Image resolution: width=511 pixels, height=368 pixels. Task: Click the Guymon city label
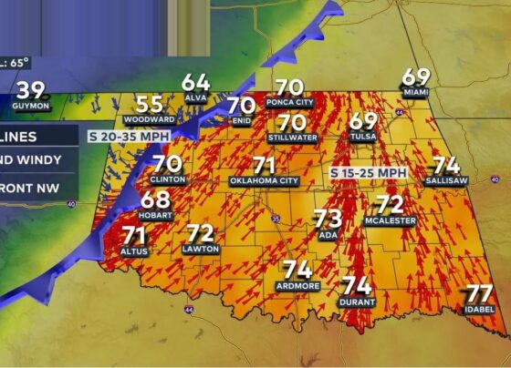[x=31, y=107]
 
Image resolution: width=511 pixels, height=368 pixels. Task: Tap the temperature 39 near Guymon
[x=31, y=90]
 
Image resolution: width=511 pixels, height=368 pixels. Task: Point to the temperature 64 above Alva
[x=195, y=83]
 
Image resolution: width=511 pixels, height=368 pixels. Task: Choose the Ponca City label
[x=290, y=103]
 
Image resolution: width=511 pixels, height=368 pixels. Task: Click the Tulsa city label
[x=363, y=137]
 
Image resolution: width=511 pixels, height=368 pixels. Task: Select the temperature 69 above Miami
[x=416, y=77]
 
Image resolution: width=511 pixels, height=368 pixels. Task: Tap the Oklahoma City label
[x=265, y=181]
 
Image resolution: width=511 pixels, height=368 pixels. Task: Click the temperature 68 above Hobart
[x=155, y=199]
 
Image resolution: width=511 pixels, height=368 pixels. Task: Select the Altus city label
[x=133, y=250]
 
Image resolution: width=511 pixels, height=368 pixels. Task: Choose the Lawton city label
[x=200, y=249]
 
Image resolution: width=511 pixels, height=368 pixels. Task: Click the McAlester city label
[x=390, y=221]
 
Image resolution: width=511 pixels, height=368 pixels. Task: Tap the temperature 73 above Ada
[x=328, y=218]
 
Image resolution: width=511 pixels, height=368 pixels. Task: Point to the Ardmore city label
[x=297, y=286]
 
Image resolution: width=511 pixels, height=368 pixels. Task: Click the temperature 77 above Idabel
[x=479, y=293]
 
